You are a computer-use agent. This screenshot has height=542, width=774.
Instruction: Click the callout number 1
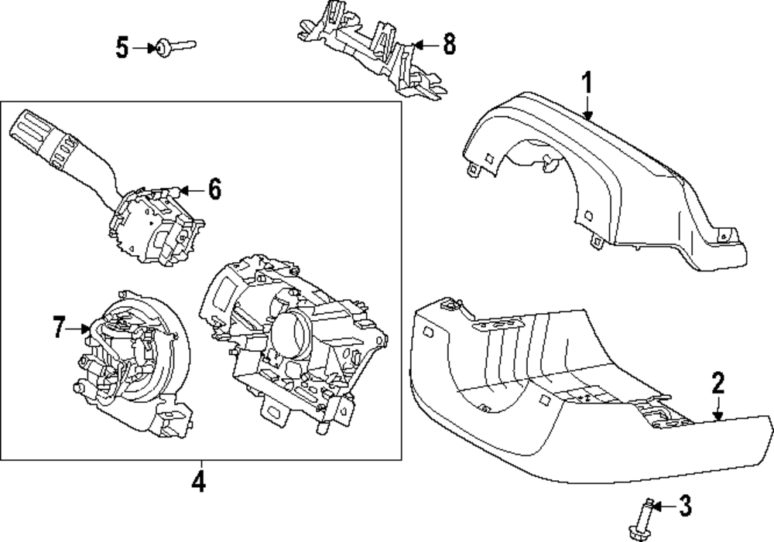pos(587,82)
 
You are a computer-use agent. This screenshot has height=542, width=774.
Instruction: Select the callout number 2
pos(718,383)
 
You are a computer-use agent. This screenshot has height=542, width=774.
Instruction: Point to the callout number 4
pos(199,482)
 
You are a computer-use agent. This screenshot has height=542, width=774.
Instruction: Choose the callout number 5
pos(122,48)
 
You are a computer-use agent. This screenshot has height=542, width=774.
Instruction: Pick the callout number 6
pos(214,188)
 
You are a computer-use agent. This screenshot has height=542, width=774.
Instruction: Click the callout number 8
pos(449,45)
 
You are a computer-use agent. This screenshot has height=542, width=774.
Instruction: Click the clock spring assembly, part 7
pos(132,356)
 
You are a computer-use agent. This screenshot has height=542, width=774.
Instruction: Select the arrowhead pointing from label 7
pos(87,329)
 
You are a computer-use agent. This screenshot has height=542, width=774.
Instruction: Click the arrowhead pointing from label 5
pos(152,48)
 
